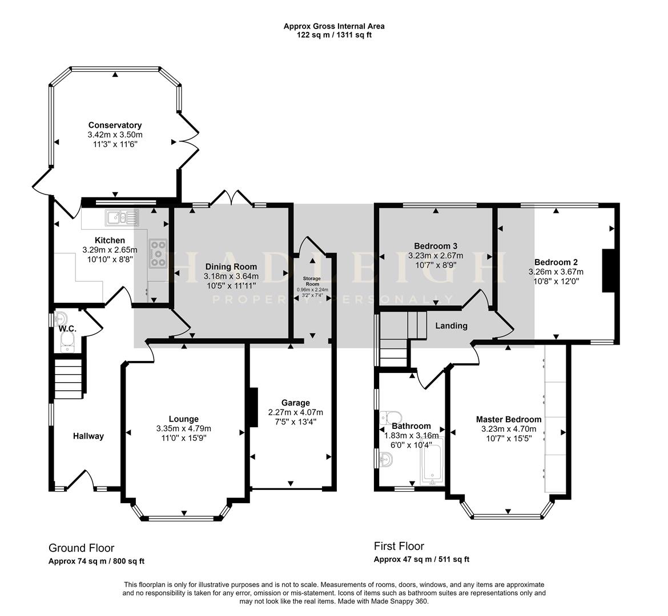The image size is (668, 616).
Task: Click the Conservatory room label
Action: click(x=115, y=125)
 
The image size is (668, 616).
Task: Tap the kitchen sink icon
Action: click(x=122, y=217)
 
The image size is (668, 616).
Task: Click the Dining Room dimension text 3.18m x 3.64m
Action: click(x=231, y=276)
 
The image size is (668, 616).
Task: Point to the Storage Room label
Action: click(x=312, y=280)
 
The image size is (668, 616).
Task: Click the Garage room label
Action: click(x=295, y=403)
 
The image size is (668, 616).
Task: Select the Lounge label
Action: click(x=183, y=419)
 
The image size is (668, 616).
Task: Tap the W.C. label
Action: click(x=67, y=329)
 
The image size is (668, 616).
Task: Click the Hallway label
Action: click(x=88, y=436)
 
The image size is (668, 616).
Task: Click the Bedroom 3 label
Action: click(x=436, y=246)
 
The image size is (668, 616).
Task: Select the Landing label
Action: click(x=451, y=326)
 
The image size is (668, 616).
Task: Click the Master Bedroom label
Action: click(x=508, y=419)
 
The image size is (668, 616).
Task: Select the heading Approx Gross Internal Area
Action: click(x=334, y=26)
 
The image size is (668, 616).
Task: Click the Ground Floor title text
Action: click(x=81, y=548)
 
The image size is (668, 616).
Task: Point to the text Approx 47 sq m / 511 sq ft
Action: click(x=421, y=560)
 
